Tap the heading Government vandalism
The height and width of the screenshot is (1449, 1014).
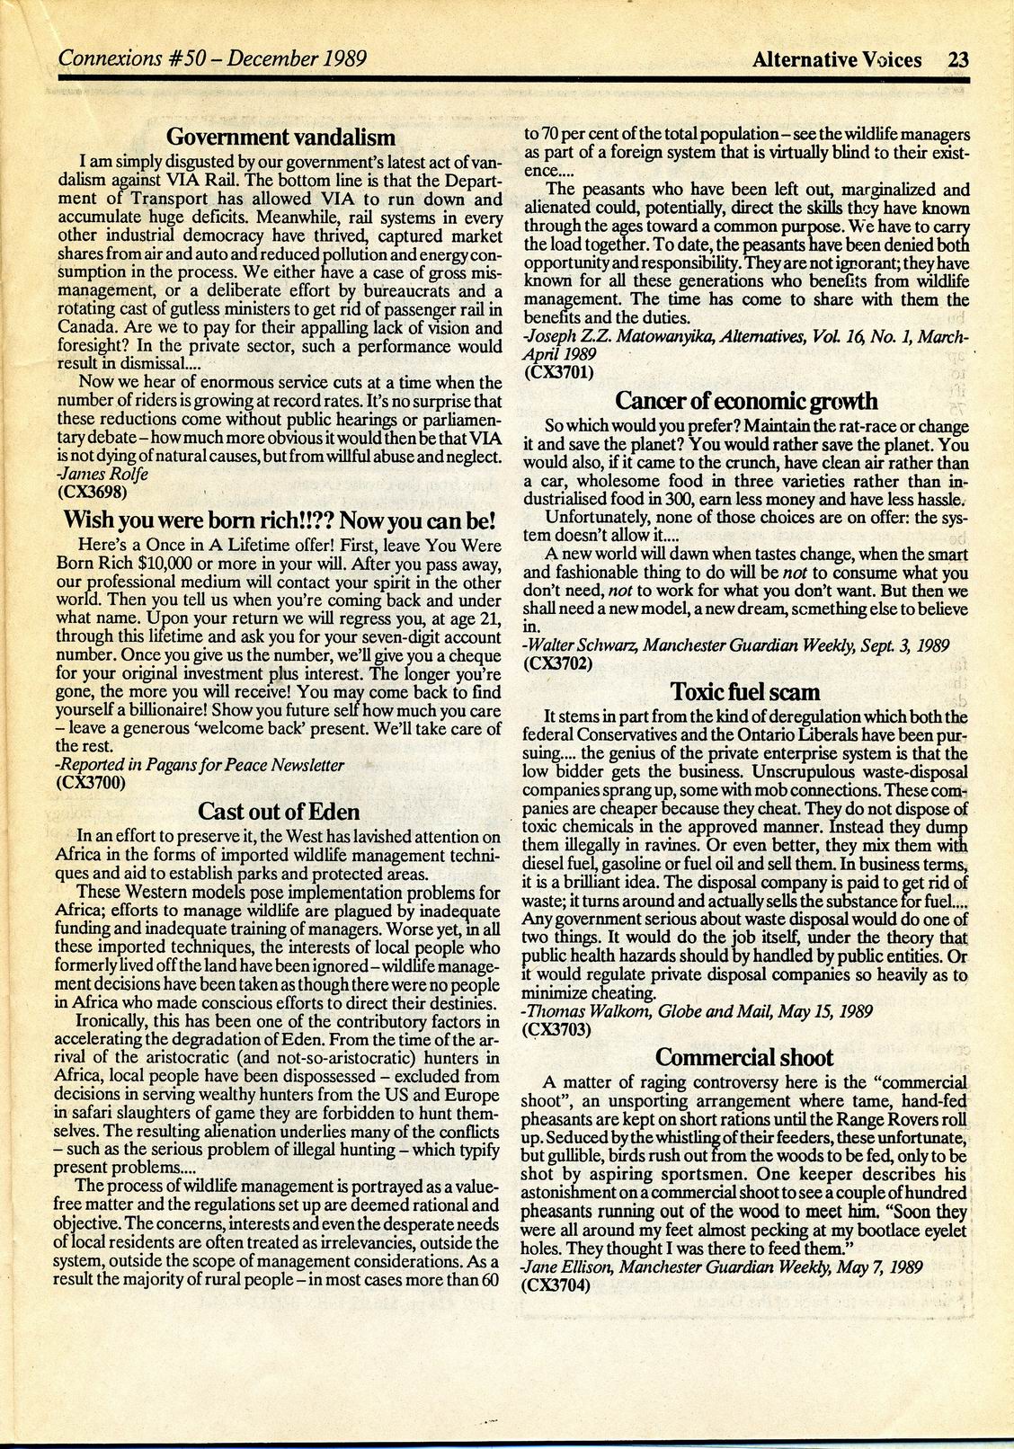[x=281, y=138]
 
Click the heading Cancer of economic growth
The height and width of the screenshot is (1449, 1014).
[x=746, y=401]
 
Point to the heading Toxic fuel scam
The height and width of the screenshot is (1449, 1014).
[x=745, y=692]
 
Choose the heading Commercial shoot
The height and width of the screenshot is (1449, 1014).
[x=744, y=1057]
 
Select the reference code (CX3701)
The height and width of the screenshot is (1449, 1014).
[x=557, y=370]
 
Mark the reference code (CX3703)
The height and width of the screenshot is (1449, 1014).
[x=557, y=1028]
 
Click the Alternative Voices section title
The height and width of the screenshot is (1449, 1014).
[x=838, y=60]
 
